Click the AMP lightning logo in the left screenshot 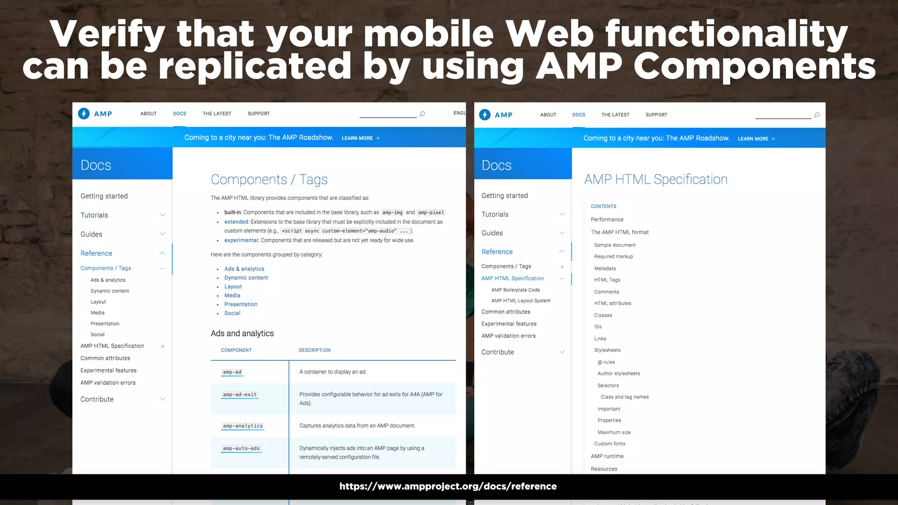click(x=84, y=114)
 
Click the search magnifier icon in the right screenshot click(x=816, y=115)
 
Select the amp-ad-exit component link click(x=239, y=395)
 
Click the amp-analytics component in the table click(x=242, y=426)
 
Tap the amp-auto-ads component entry click(x=241, y=448)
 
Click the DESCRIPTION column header click(x=314, y=350)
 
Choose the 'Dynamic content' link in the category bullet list click(x=246, y=278)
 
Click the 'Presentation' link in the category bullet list click(x=241, y=304)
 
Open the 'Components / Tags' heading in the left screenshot click(x=269, y=179)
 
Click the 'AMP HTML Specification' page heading click(x=656, y=179)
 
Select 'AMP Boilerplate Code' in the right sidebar click(x=515, y=290)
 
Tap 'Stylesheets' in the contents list click(x=607, y=350)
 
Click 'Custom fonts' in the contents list click(x=609, y=444)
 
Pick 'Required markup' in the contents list click(x=613, y=256)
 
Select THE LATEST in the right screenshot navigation click(x=615, y=115)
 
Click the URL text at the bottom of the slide click(x=448, y=486)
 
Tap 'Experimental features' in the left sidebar click(x=108, y=370)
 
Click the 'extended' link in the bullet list click(x=236, y=222)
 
